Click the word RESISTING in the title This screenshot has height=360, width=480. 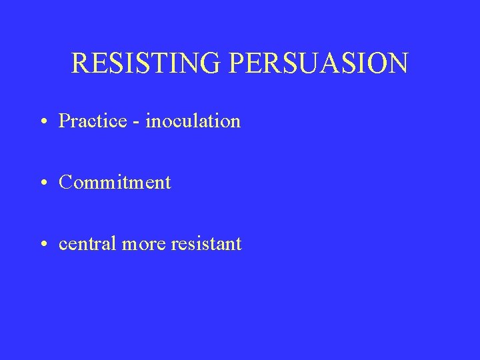tap(147, 63)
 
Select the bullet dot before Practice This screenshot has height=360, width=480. tap(43, 121)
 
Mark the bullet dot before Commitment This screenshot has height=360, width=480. tap(43, 183)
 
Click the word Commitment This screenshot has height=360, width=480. tap(115, 182)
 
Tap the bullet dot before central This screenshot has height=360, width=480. tap(43, 244)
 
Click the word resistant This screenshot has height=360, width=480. tap(206, 243)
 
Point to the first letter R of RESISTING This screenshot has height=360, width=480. tap(79, 63)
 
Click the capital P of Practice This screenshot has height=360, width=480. tap(64, 121)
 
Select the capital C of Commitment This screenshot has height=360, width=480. tap(65, 182)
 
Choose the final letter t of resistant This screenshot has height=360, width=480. tap(239, 244)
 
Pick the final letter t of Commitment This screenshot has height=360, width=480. tap(168, 183)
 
